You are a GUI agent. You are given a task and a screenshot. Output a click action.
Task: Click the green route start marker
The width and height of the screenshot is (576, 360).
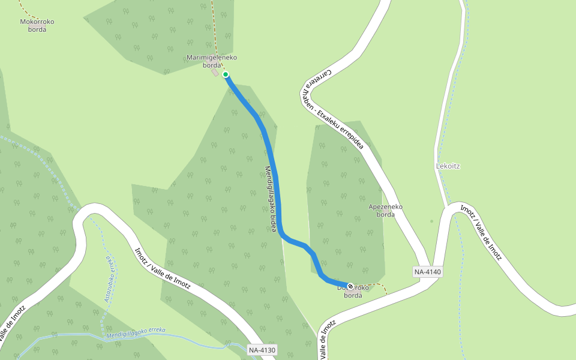[x=226, y=74]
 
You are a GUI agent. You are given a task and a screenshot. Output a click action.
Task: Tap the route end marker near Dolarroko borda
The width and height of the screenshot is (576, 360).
[x=350, y=287]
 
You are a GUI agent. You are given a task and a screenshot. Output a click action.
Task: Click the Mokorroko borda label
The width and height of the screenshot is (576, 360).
[x=37, y=25]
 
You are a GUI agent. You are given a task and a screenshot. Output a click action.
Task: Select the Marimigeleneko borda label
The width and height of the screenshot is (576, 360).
[x=212, y=61]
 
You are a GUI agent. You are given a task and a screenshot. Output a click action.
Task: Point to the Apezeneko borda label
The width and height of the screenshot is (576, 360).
[x=385, y=211]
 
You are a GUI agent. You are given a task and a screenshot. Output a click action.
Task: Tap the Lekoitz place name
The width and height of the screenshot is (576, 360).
[x=448, y=166]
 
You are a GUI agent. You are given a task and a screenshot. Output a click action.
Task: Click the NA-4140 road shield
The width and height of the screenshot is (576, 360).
[x=428, y=272]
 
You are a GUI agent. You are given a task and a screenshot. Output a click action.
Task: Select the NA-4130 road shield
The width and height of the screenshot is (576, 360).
[x=262, y=350]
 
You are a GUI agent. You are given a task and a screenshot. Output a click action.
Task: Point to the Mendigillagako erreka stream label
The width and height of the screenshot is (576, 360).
[x=136, y=332]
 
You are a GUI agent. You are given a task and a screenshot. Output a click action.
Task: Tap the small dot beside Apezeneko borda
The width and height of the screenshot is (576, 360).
[x=431, y=221]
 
